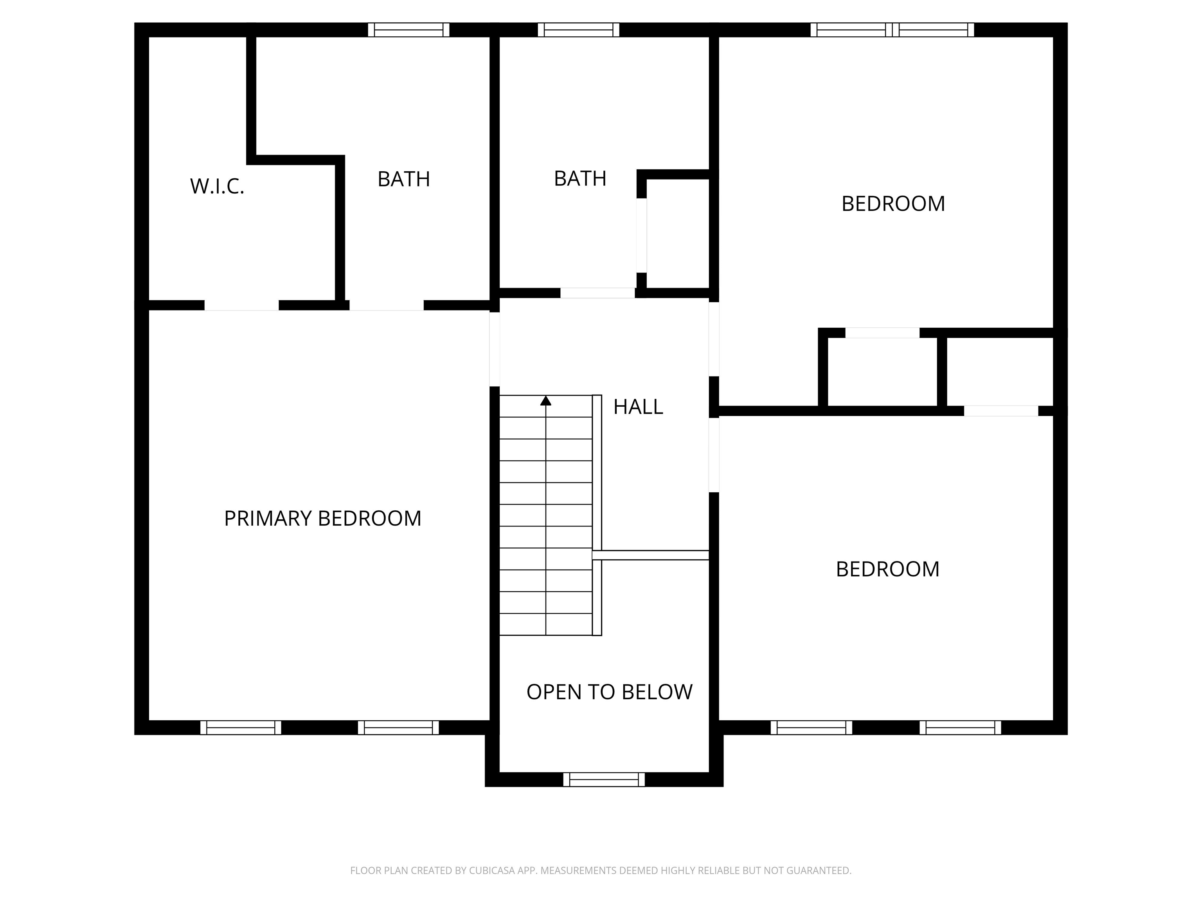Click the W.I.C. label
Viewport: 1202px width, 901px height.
coord(217,186)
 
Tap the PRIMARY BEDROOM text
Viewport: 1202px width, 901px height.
coord(322,518)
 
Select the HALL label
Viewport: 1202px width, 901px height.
coord(638,407)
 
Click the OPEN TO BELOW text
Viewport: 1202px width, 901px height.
coord(609,692)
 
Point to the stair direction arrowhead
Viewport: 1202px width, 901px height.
coord(545,401)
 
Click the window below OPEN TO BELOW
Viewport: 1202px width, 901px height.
coord(604,780)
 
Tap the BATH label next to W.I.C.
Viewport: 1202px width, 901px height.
coord(404,179)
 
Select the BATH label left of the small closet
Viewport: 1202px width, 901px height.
coord(580,179)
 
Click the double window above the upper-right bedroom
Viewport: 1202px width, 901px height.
coord(892,30)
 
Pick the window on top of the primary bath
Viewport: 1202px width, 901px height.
coord(408,30)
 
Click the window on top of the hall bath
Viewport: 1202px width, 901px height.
coord(578,30)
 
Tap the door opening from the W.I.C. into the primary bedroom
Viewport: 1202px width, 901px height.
coord(241,305)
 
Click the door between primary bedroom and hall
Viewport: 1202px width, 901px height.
coord(495,349)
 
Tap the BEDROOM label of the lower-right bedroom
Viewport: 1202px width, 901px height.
coord(887,569)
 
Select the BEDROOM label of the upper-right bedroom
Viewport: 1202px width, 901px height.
coord(893,204)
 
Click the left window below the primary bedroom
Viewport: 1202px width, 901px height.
coord(241,728)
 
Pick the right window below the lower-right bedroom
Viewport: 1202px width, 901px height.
coord(960,728)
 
